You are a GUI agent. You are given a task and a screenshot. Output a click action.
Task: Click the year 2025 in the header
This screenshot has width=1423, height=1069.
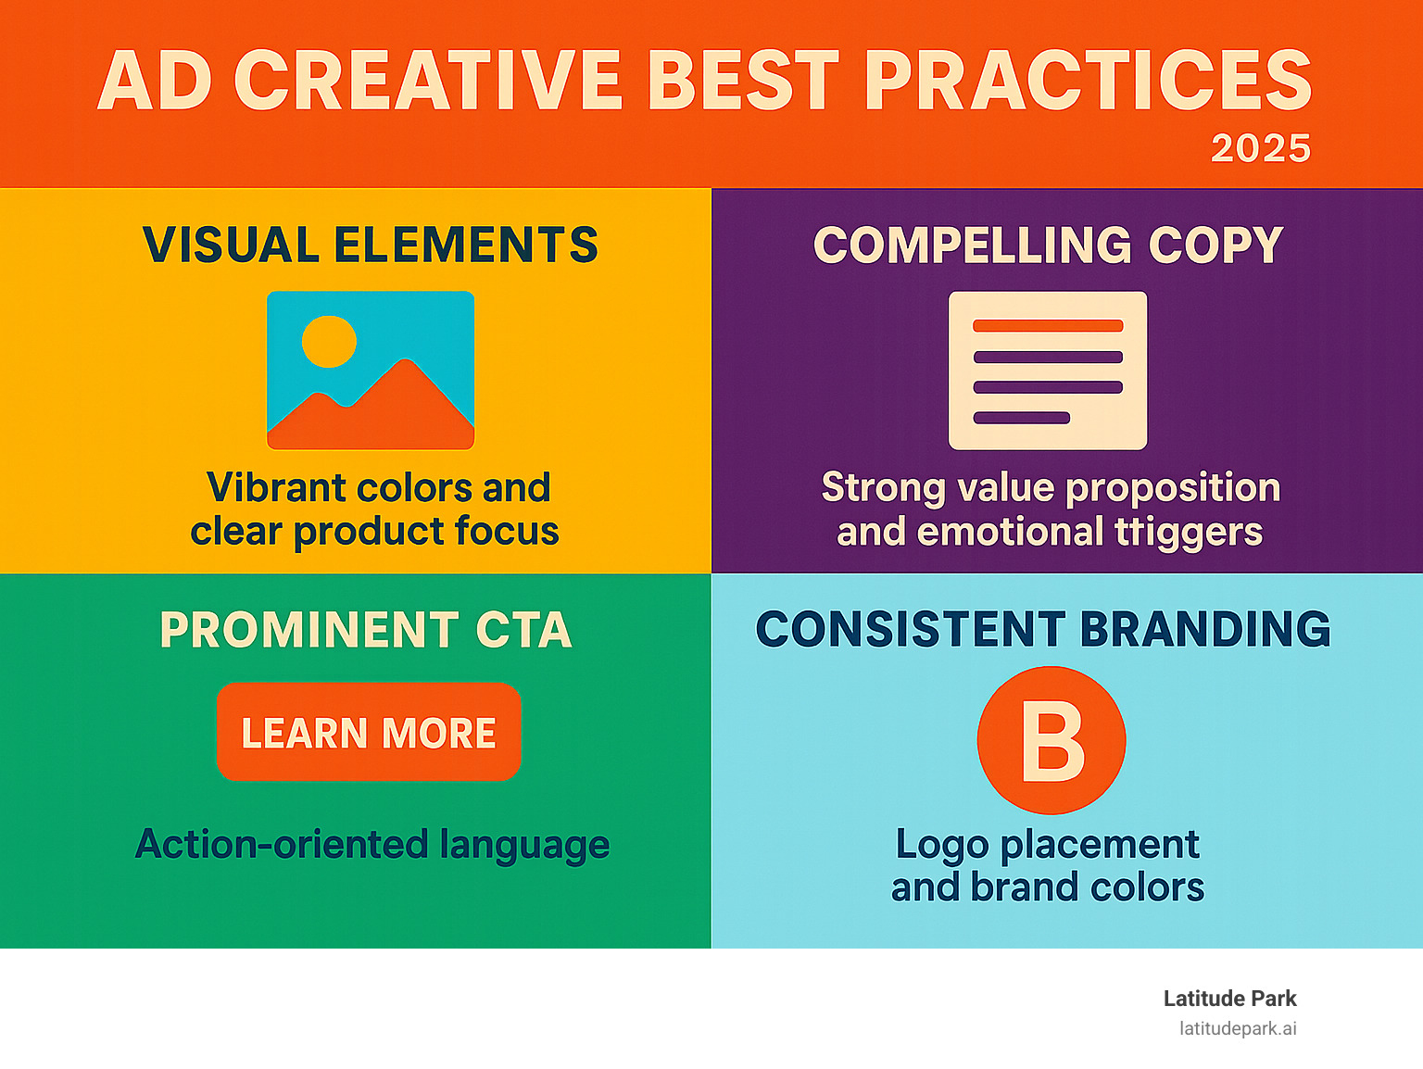(x=1261, y=148)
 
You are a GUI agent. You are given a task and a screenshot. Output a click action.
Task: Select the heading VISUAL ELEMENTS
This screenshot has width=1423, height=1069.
(x=370, y=245)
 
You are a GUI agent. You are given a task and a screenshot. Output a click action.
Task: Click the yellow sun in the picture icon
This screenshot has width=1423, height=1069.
(x=329, y=341)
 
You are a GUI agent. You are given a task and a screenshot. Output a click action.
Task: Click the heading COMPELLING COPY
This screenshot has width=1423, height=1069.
(x=1048, y=245)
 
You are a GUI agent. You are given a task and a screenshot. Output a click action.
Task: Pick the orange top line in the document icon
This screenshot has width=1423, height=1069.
(x=1048, y=326)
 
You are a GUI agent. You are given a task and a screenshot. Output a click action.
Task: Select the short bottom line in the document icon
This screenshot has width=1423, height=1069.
(x=1021, y=418)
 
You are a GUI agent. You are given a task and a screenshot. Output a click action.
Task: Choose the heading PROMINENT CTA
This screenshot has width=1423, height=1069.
(x=366, y=630)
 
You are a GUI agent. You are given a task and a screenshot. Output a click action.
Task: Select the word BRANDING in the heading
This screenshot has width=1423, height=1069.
(x=1205, y=630)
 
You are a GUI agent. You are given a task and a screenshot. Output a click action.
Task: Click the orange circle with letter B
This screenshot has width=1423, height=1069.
(x=1052, y=741)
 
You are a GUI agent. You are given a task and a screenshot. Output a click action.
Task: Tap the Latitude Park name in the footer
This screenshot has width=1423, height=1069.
(x=1229, y=999)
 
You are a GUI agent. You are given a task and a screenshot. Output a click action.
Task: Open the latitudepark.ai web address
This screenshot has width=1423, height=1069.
(x=1238, y=1028)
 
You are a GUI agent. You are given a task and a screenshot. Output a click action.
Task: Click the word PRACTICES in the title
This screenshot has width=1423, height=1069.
(x=1088, y=81)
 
